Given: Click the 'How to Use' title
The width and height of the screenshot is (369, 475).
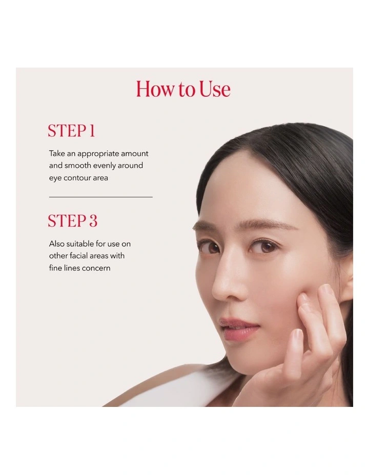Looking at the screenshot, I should coord(183,90).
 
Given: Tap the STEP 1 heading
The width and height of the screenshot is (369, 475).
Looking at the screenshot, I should coord(71,131).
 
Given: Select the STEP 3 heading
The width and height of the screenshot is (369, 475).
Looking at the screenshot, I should coord(72,221).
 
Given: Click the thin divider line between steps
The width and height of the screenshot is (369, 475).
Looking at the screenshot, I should coord(101,197).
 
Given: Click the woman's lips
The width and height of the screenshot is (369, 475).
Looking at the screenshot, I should coord(237,328).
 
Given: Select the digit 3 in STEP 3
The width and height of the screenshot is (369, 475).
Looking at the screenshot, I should coord(93,221).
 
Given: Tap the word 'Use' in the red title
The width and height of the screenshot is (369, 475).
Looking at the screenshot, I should coord(215,90).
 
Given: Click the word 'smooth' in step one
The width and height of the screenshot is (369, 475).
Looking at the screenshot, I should coord(77,166).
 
